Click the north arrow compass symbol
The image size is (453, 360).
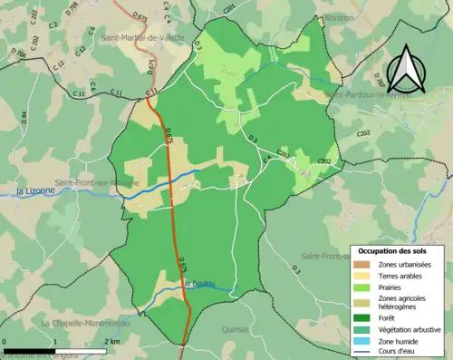point(405,64)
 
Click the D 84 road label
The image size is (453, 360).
point(24,117)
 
